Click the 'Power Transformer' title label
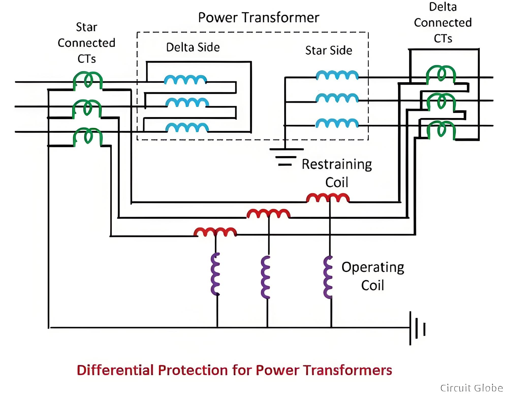tap(259, 18)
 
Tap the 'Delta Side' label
tap(193, 47)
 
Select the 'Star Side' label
tap(329, 51)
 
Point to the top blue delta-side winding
tap(185, 79)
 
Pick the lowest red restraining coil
tap(215, 232)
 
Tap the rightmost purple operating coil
tap(328, 277)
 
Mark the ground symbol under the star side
tap(286, 157)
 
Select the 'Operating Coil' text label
tap(373, 276)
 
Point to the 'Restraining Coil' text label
tap(337, 173)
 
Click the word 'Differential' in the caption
tap(115, 370)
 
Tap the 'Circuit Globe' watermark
tap(471, 388)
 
